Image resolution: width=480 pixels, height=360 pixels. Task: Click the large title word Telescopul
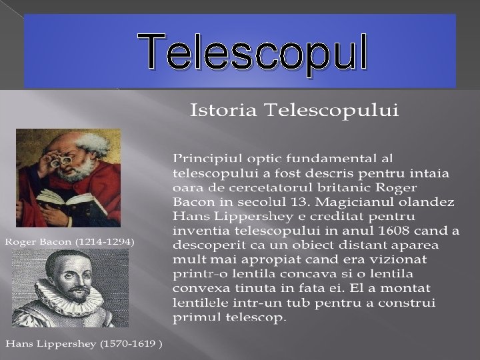click(253, 53)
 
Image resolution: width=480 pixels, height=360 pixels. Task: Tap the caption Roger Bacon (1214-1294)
click(70, 241)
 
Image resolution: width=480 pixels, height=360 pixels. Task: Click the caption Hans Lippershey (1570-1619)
click(83, 344)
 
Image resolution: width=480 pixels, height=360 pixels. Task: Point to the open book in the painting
click(57, 198)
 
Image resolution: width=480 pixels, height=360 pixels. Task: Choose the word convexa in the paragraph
click(200, 289)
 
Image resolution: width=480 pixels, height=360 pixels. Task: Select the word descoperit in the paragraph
click(205, 245)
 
